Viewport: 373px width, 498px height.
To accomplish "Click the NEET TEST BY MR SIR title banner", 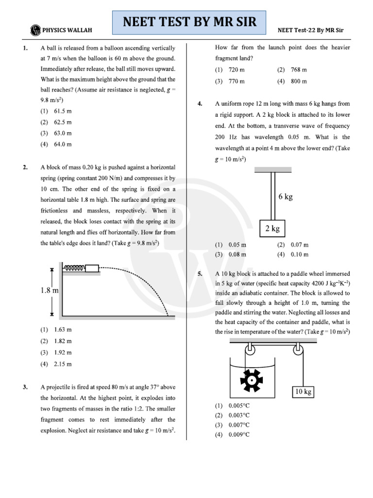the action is [x=189, y=22].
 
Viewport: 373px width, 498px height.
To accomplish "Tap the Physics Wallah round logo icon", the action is [x=35, y=30].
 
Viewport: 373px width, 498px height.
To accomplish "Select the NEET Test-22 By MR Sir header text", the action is [x=310, y=30].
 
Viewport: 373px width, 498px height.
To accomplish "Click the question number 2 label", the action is [x=25, y=167].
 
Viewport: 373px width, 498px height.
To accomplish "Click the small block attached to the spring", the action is [x=92, y=268].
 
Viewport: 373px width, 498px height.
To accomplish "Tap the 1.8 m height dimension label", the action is [x=50, y=290].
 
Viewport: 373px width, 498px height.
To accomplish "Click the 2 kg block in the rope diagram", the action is [x=272, y=229].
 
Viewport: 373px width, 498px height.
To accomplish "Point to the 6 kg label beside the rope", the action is [x=286, y=196].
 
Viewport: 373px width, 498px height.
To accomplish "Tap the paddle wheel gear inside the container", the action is [x=252, y=380].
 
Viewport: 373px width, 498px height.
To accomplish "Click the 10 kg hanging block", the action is [x=303, y=391].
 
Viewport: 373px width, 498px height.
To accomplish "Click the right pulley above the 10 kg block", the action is [x=298, y=350].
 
